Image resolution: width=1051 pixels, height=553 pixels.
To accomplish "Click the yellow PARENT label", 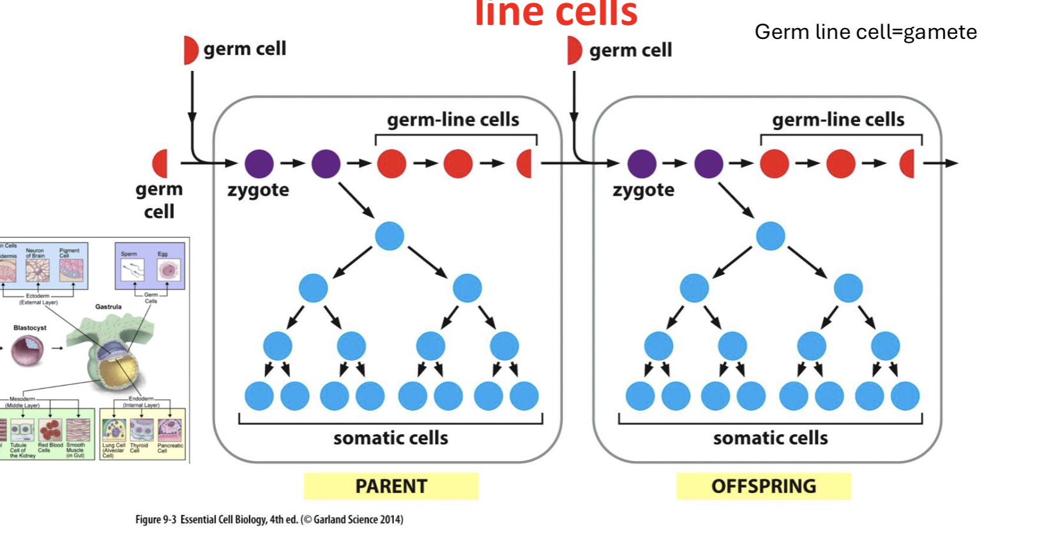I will click(391, 486).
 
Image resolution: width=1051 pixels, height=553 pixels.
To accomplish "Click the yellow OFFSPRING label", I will click(764, 486).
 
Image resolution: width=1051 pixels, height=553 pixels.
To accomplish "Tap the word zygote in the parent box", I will click(258, 190).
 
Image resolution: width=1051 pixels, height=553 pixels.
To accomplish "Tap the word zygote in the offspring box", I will click(643, 190).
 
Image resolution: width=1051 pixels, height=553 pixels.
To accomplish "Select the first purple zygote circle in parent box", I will click(259, 163).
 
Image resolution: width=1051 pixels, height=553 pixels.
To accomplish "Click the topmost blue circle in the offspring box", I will click(771, 236).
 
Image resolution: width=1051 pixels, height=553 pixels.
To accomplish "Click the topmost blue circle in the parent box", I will click(389, 236).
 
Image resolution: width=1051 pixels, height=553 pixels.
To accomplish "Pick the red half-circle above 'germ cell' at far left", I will click(161, 163).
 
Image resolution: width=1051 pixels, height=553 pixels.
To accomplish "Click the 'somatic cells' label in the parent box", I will click(391, 438).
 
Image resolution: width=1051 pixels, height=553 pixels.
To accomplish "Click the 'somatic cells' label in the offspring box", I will click(770, 438).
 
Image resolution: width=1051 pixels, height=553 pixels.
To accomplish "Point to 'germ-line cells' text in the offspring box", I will click(838, 119).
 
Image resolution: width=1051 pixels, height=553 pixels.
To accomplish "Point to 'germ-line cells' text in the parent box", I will click(453, 119).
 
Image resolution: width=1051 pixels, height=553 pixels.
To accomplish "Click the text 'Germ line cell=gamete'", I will click(865, 32).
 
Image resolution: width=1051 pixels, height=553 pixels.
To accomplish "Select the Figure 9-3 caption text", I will click(269, 519).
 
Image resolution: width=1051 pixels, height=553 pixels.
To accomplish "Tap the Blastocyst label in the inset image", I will click(30, 328).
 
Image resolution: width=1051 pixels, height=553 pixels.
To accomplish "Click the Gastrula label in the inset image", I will click(109, 307).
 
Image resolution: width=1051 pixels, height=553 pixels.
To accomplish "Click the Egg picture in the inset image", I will click(168, 270).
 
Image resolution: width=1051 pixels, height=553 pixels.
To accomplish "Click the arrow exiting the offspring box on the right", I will click(941, 163).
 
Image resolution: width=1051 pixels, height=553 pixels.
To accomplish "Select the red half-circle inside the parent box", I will click(525, 163).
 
